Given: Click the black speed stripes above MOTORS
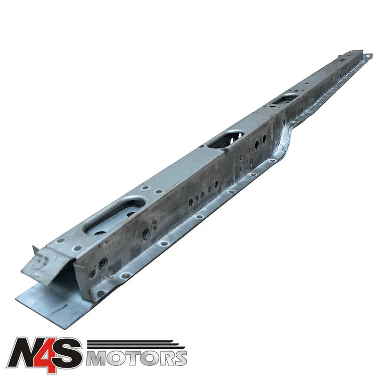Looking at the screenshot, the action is (135, 345).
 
